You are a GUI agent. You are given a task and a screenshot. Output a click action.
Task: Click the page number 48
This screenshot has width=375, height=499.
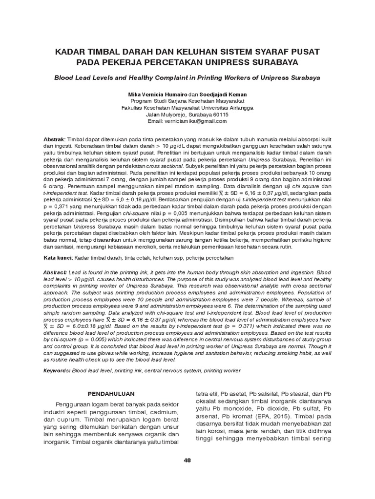187,461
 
